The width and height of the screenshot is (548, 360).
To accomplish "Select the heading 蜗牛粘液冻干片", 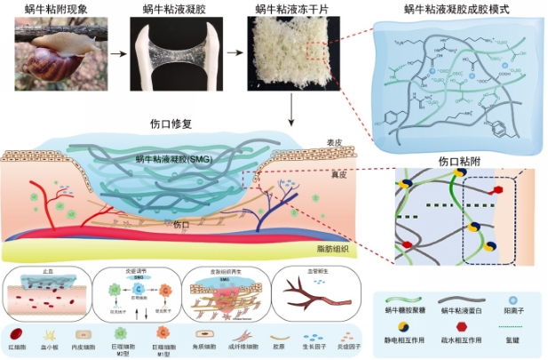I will (x=285, y=8).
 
